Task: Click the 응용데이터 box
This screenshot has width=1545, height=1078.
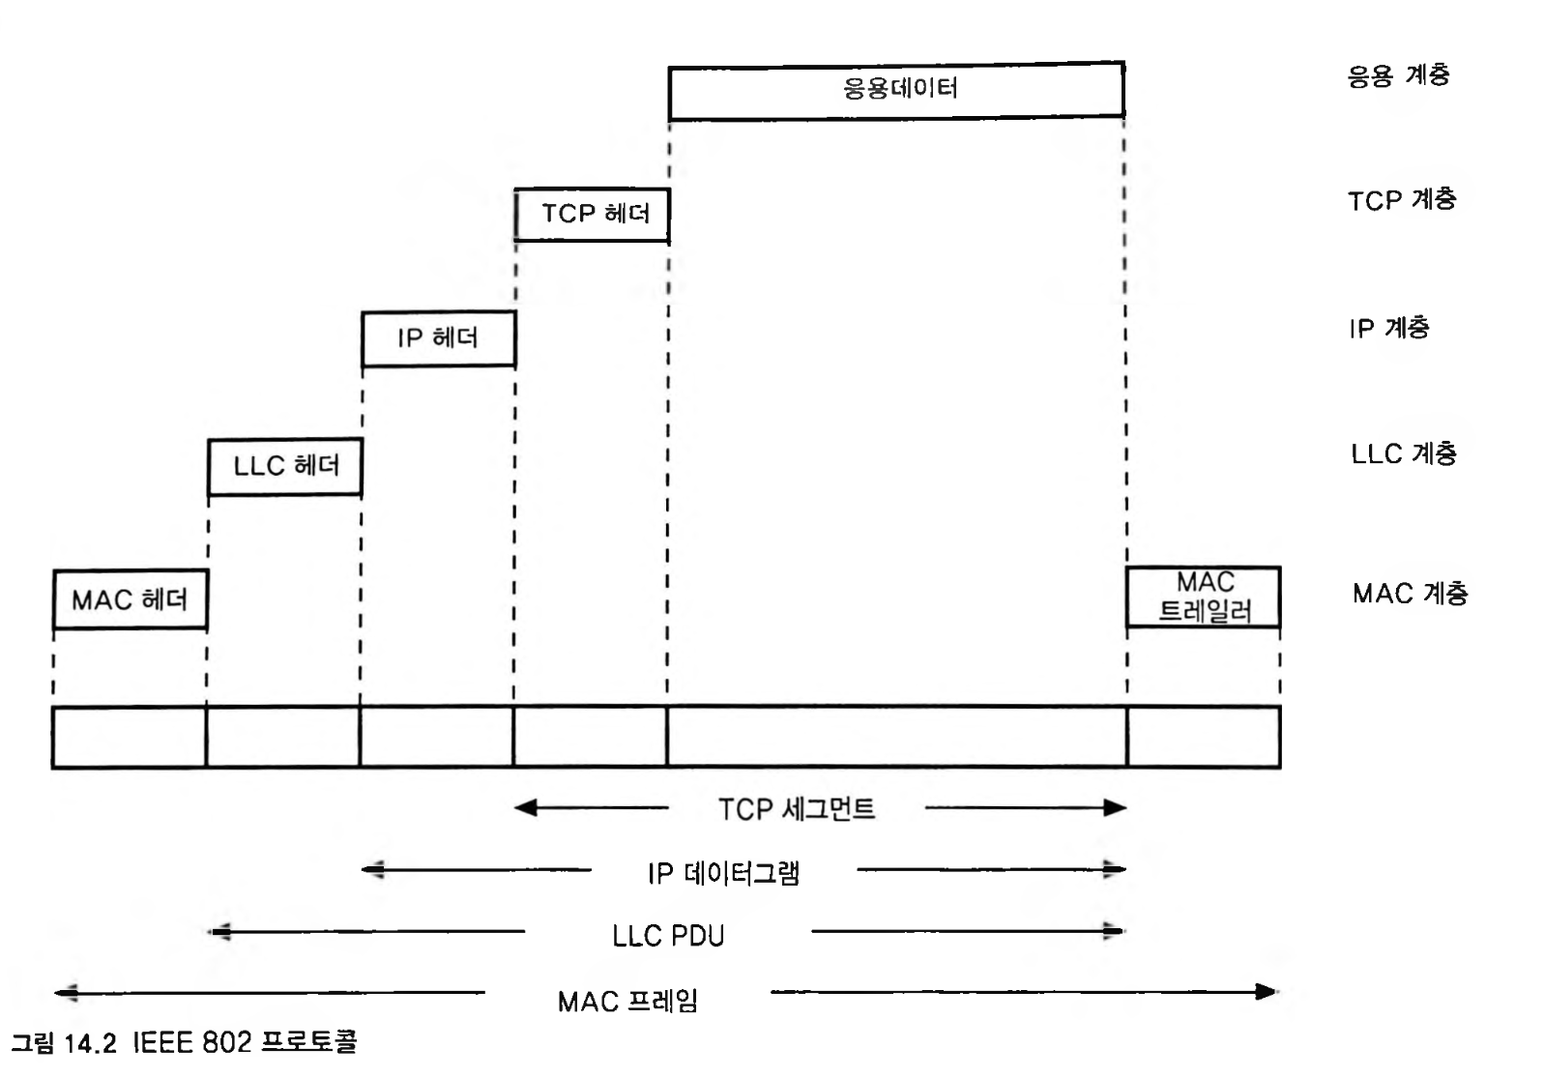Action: [x=895, y=90]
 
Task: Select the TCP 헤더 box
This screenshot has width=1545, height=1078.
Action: [x=592, y=214]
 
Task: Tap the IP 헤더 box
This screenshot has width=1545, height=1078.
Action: [x=438, y=338]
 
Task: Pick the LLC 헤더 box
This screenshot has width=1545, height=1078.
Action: [x=285, y=466]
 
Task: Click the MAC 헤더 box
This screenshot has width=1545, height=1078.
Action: [x=130, y=599]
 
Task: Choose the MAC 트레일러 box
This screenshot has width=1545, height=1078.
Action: [x=1203, y=597]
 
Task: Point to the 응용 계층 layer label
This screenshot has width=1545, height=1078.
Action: [x=1398, y=75]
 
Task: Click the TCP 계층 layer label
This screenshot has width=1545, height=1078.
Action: [x=1401, y=200]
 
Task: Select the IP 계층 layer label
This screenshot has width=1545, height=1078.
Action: [x=1388, y=329]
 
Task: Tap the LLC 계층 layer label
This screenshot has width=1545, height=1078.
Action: [x=1403, y=453]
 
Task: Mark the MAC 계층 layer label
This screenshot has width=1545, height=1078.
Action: [x=1410, y=593]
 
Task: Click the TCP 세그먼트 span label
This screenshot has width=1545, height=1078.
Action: [x=796, y=808]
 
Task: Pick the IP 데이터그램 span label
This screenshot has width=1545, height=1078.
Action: [x=723, y=873]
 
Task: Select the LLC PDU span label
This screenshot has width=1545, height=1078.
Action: [x=668, y=936]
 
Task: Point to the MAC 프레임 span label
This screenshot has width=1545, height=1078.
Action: [x=627, y=1001]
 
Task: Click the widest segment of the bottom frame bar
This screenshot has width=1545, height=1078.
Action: [x=896, y=738]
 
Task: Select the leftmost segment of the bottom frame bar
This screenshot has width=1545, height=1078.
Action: [x=130, y=738]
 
